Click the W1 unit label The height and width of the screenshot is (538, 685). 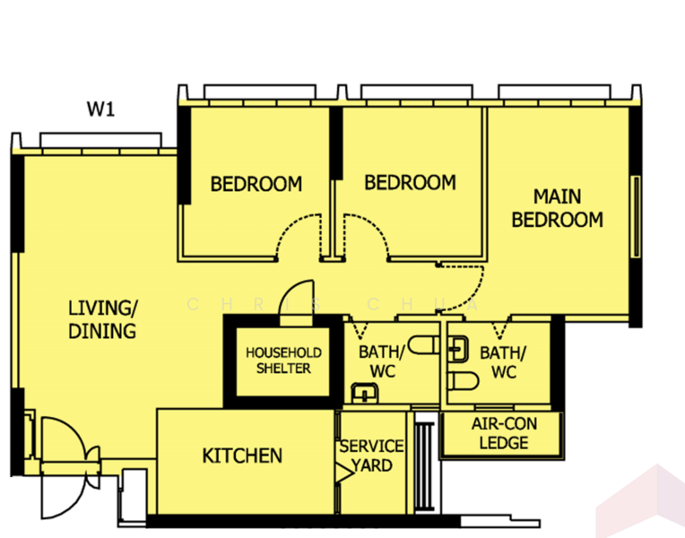tap(101, 108)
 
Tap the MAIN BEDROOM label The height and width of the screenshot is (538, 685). tap(558, 208)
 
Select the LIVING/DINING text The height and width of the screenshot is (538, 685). tap(103, 319)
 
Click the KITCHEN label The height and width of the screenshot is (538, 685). tap(242, 456)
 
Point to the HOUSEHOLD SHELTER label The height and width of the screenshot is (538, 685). tap(283, 360)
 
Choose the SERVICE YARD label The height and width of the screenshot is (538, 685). tap(372, 456)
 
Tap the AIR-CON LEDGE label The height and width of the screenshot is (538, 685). tap(504, 433)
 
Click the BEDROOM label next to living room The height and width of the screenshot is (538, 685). tap(256, 184)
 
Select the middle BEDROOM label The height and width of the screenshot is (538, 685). tap(411, 183)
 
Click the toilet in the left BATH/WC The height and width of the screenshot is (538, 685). tap(423, 345)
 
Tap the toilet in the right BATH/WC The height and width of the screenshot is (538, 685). tap(463, 381)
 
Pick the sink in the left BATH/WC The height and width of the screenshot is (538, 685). tap(365, 393)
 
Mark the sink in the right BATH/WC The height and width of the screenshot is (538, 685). tap(458, 349)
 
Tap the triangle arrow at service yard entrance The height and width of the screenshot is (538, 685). tap(343, 473)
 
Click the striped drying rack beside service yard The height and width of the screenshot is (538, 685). tap(424, 466)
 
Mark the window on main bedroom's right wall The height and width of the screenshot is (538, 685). tap(637, 216)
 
